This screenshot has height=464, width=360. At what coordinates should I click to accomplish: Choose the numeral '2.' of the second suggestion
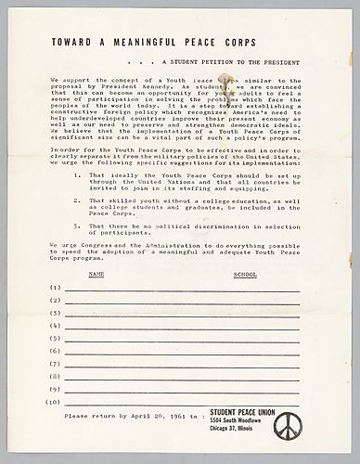[x=78, y=199]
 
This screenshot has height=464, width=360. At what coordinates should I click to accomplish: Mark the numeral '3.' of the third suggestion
[x=78, y=225]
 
